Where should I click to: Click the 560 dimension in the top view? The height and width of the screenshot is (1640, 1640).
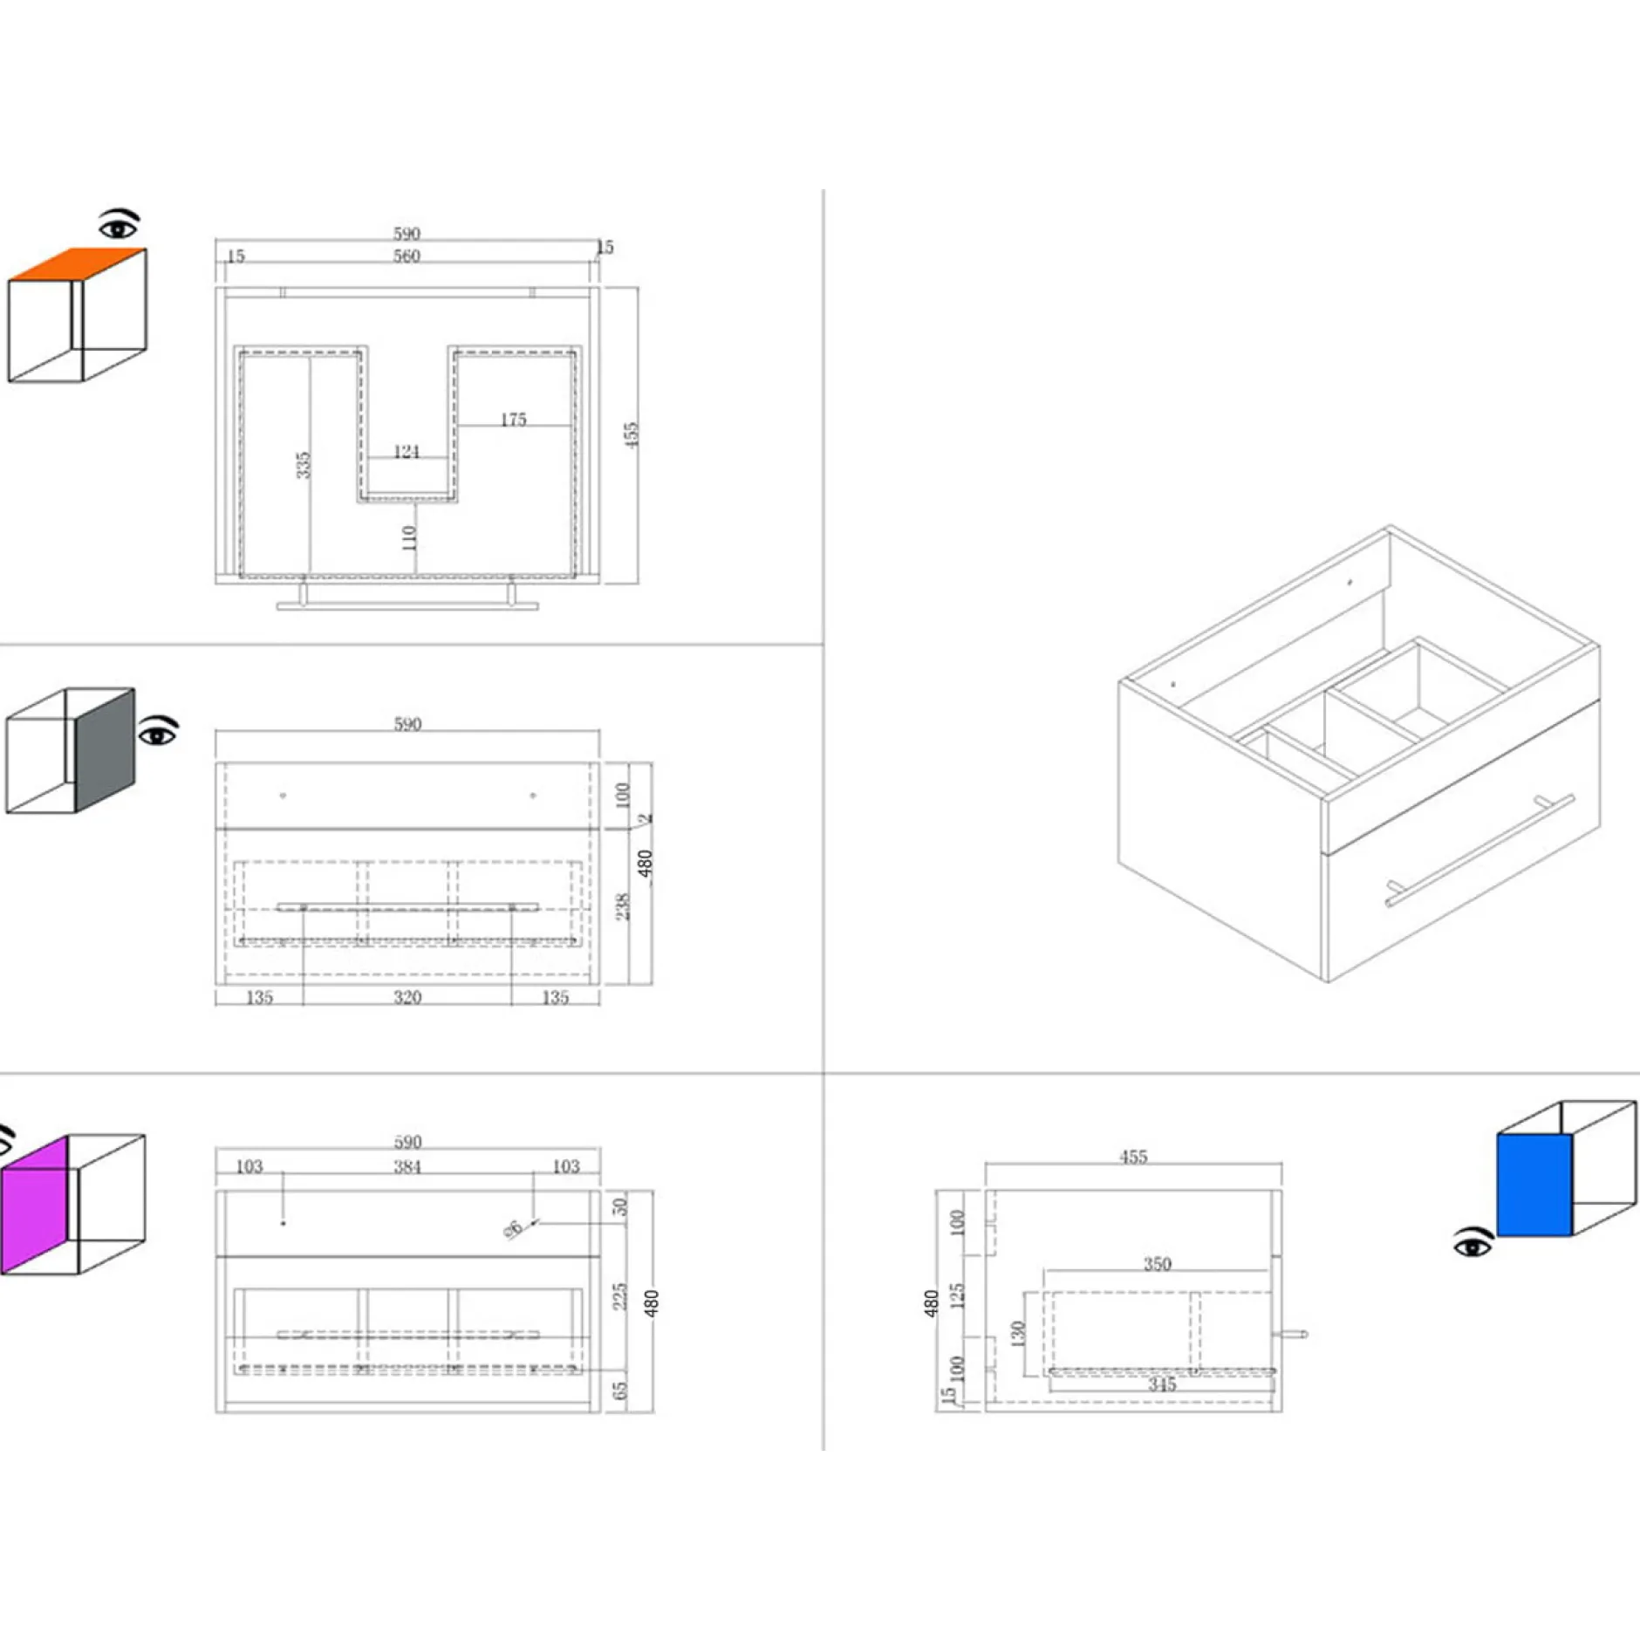[407, 256]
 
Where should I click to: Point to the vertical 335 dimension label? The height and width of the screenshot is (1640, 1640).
[303, 465]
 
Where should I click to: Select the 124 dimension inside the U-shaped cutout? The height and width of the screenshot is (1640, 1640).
[407, 452]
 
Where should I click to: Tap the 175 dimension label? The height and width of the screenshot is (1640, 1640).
[513, 420]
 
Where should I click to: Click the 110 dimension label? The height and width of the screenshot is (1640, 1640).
[409, 537]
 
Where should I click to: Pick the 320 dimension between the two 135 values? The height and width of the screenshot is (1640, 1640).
[407, 997]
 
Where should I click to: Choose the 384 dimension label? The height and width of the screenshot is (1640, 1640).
[407, 1167]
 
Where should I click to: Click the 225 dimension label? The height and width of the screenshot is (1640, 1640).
[619, 1296]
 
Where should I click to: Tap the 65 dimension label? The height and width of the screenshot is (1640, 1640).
[619, 1391]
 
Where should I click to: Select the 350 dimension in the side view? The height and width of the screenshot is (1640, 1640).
[1157, 1264]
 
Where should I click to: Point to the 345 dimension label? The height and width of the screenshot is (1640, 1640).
[1161, 1384]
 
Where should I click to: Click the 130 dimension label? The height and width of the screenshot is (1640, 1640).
[1017, 1334]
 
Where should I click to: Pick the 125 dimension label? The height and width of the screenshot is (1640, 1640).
[957, 1295]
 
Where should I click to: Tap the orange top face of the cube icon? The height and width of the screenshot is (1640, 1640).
[79, 264]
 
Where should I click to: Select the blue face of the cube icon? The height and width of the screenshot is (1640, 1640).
[1534, 1185]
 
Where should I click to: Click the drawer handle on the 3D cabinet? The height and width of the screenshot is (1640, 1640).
[1480, 851]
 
